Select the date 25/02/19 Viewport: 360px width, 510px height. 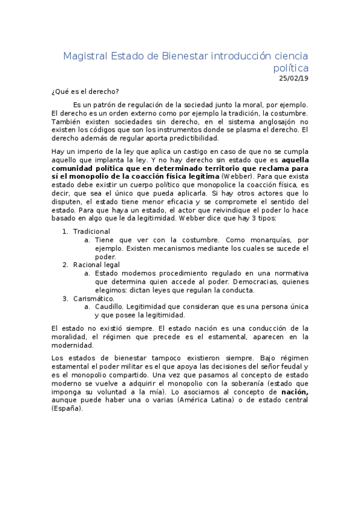(x=293, y=78)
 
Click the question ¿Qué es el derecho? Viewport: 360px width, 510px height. (x=85, y=91)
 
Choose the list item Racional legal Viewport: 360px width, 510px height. (x=96, y=265)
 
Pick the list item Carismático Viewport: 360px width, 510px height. (x=94, y=298)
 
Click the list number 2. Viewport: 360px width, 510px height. (x=65, y=265)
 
